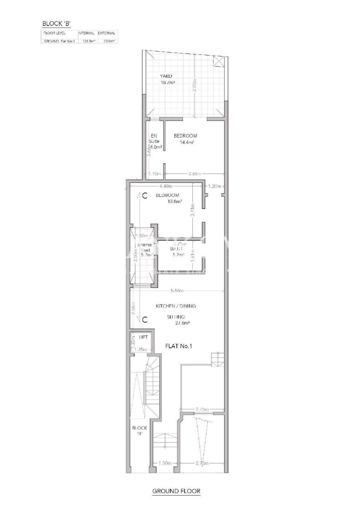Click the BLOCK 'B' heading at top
pos(56,24)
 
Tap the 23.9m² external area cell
pos(107,41)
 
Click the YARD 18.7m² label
pos(167,79)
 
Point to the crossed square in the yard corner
pos(218,62)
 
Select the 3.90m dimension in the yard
pos(194,86)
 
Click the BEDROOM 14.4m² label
pos(186,139)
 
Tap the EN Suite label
pos(154,138)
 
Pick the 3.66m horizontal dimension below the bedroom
pos(194,174)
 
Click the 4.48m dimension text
pos(166,186)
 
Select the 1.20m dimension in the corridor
pos(214,186)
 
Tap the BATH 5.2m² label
pos(177,252)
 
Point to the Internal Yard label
pos(144,250)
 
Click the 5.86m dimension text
pos(177,291)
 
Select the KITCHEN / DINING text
pos(176,306)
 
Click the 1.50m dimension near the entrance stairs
pos(165,463)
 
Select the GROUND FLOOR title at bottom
pos(176,491)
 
